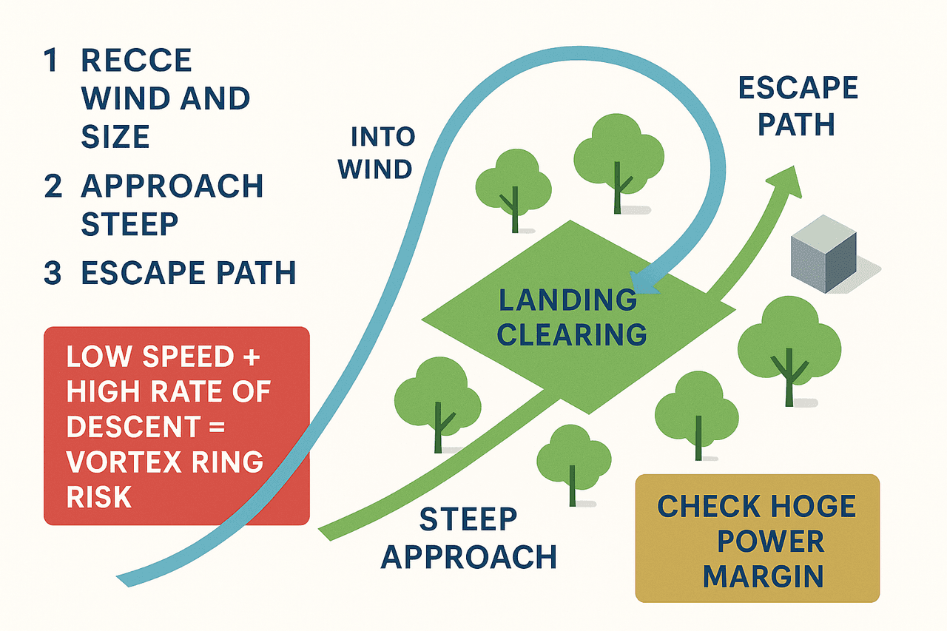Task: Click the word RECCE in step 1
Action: pyautogui.click(x=137, y=60)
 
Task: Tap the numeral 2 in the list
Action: pyautogui.click(x=53, y=186)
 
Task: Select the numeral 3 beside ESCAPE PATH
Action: pyautogui.click(x=53, y=273)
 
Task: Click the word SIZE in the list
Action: pyautogui.click(x=115, y=136)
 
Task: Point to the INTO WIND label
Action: pyautogui.click(x=377, y=152)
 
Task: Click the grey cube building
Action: pyautogui.click(x=823, y=254)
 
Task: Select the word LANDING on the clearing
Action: pyautogui.click(x=567, y=300)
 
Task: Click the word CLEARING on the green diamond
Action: pyautogui.click(x=572, y=334)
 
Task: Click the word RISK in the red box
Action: pyautogui.click(x=99, y=496)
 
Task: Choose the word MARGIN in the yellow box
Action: pyautogui.click(x=763, y=576)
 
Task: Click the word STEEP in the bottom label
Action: pyautogui.click(x=468, y=519)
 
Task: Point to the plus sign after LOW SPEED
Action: pyautogui.click(x=252, y=357)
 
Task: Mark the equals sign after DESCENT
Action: pyautogui.click(x=217, y=427)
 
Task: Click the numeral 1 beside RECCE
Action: pyautogui.click(x=52, y=60)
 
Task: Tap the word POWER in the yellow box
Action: pyautogui.click(x=771, y=541)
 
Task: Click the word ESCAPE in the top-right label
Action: pyautogui.click(x=798, y=87)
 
